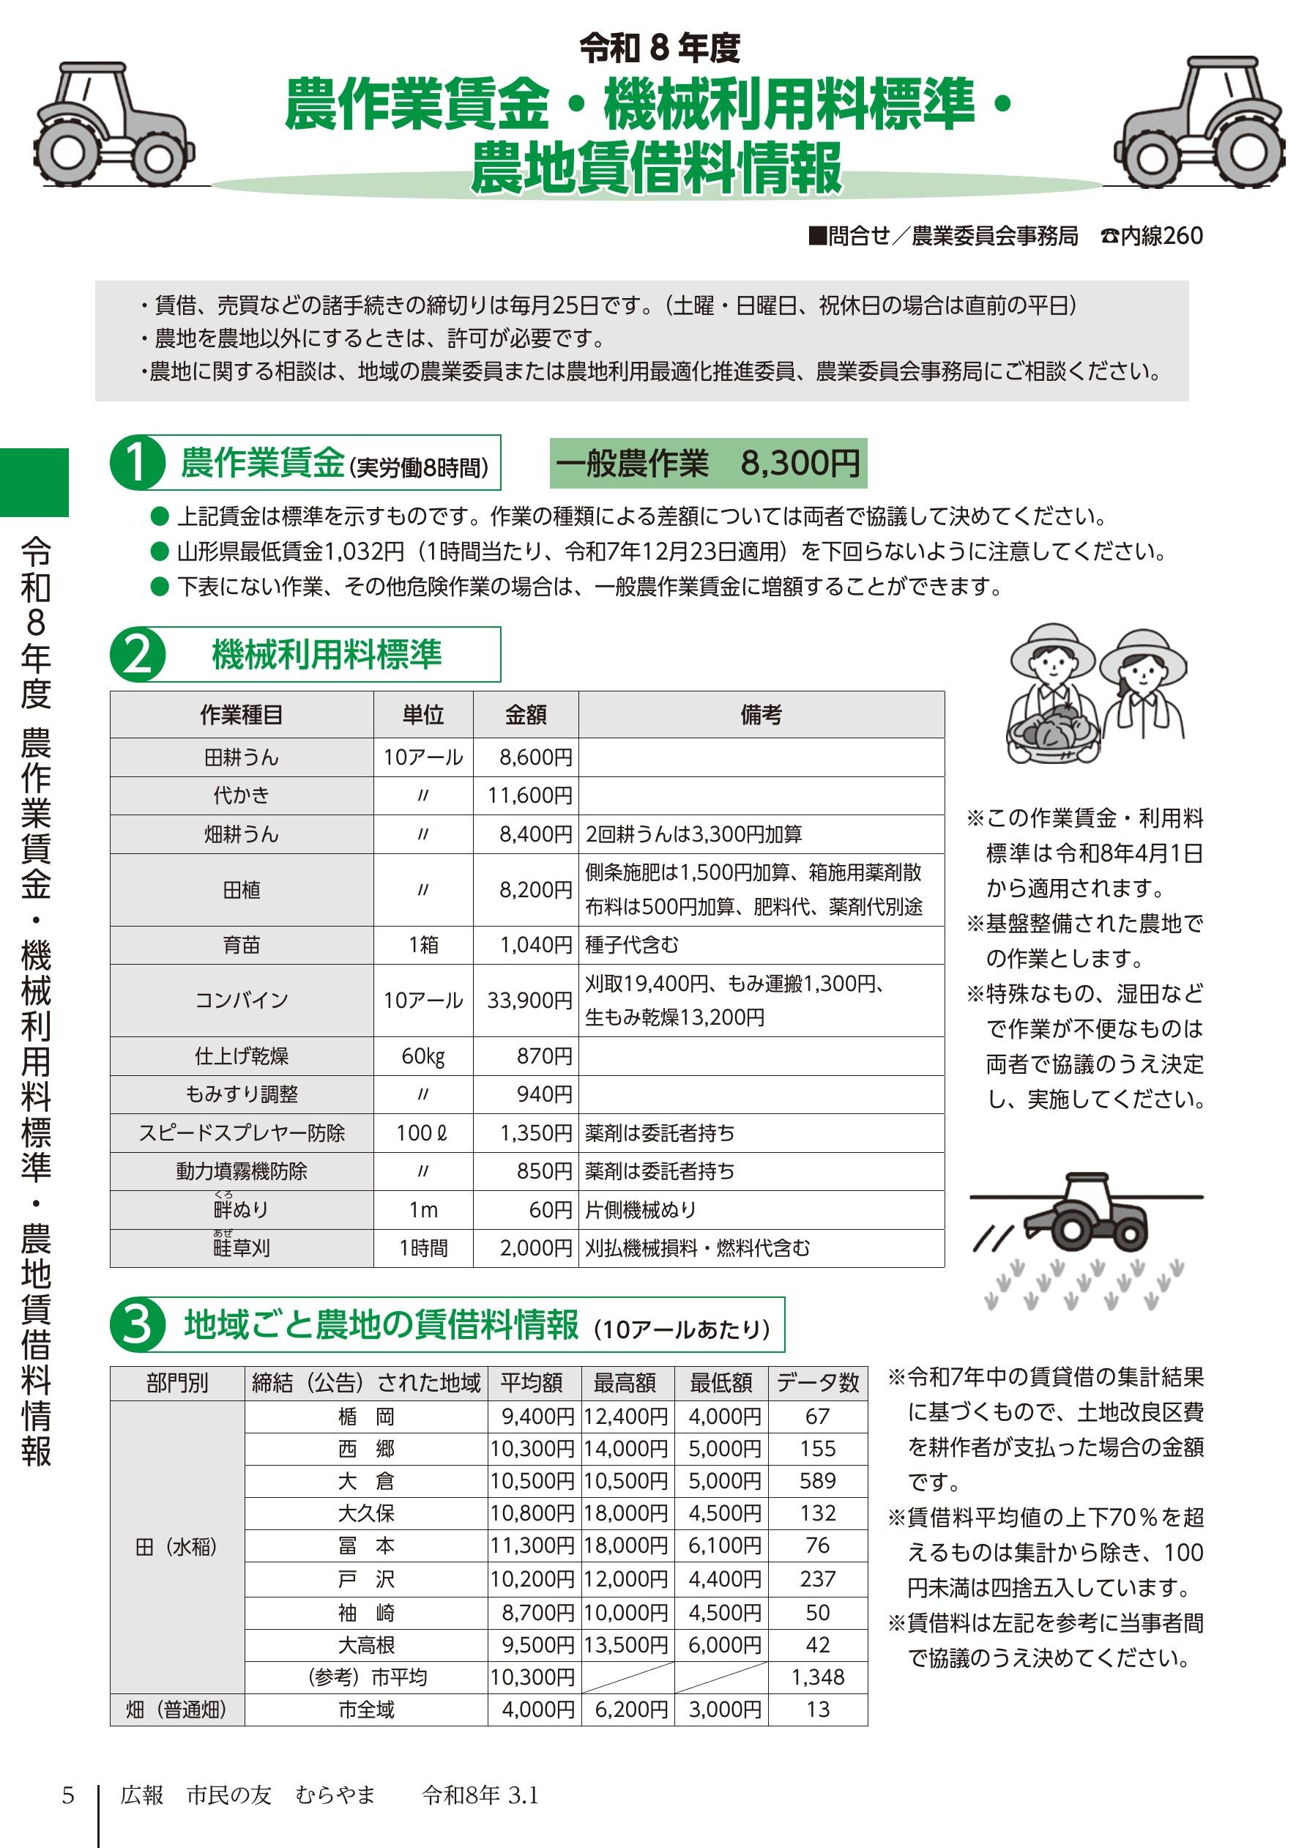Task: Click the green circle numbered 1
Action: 138,463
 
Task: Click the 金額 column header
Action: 526,714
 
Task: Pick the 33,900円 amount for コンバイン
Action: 529,1001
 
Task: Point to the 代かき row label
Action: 242,795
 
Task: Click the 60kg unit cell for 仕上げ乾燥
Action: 423,1056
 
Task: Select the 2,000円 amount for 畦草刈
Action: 535,1248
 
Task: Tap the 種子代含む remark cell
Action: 632,944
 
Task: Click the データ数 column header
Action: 818,1383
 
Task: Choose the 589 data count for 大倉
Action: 818,1480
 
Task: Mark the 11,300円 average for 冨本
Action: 533,1545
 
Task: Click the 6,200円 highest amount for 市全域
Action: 631,1710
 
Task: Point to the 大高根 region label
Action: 366,1645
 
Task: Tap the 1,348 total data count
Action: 818,1677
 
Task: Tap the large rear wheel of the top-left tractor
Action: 67,154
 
